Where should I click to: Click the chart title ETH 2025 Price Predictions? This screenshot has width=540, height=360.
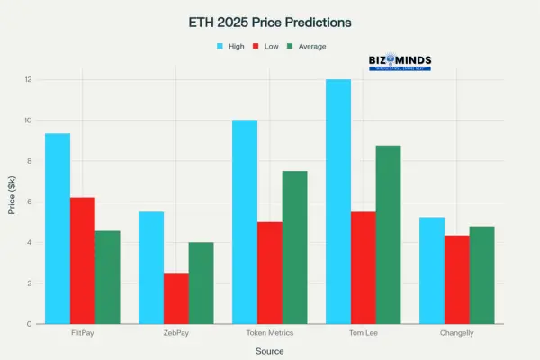click(x=269, y=21)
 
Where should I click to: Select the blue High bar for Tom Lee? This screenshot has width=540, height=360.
click(x=337, y=202)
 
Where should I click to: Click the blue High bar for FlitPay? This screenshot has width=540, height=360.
click(x=58, y=229)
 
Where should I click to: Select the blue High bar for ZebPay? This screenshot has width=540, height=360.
click(x=151, y=267)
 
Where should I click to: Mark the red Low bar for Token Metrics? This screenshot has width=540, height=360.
click(x=270, y=273)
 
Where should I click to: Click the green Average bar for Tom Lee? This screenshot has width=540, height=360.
click(x=388, y=235)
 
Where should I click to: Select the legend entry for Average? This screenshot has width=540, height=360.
click(x=307, y=46)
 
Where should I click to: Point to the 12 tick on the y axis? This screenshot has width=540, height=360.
click(x=29, y=80)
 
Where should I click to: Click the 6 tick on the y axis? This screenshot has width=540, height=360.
click(x=31, y=202)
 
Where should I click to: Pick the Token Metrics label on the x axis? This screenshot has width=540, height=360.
click(x=269, y=334)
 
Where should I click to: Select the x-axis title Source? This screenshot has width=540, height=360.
click(x=269, y=350)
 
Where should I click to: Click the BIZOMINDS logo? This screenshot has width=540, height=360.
click(x=400, y=61)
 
